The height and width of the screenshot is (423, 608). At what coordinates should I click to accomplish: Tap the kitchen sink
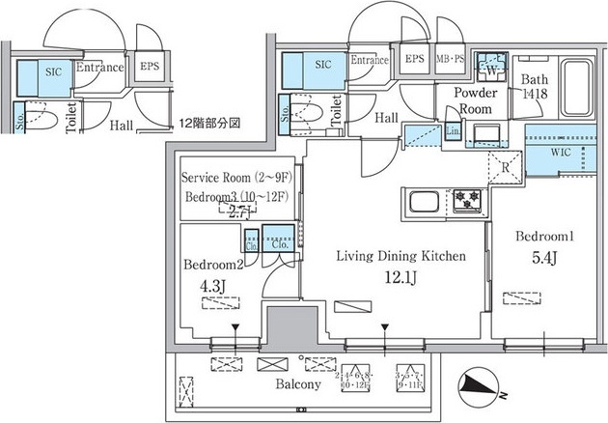(425, 203)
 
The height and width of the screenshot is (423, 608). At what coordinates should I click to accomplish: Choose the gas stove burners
(468, 201)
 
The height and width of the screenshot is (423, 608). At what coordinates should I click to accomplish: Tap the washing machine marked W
(492, 66)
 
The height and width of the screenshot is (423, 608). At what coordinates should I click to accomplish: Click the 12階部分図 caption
(208, 124)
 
